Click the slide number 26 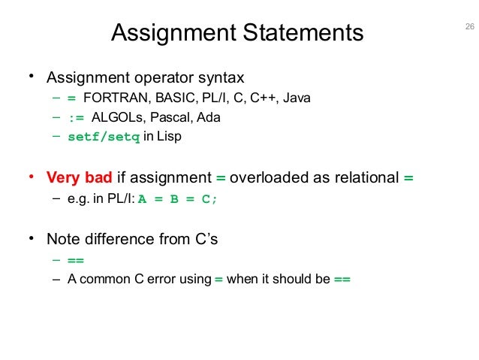tap(470, 28)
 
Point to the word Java tap(297, 98)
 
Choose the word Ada tap(210, 118)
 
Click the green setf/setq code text tap(104, 138)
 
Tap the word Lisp tap(172, 137)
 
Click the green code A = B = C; tap(181, 198)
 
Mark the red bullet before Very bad tap(32, 178)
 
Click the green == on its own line tap(76, 260)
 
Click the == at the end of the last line tap(342, 280)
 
